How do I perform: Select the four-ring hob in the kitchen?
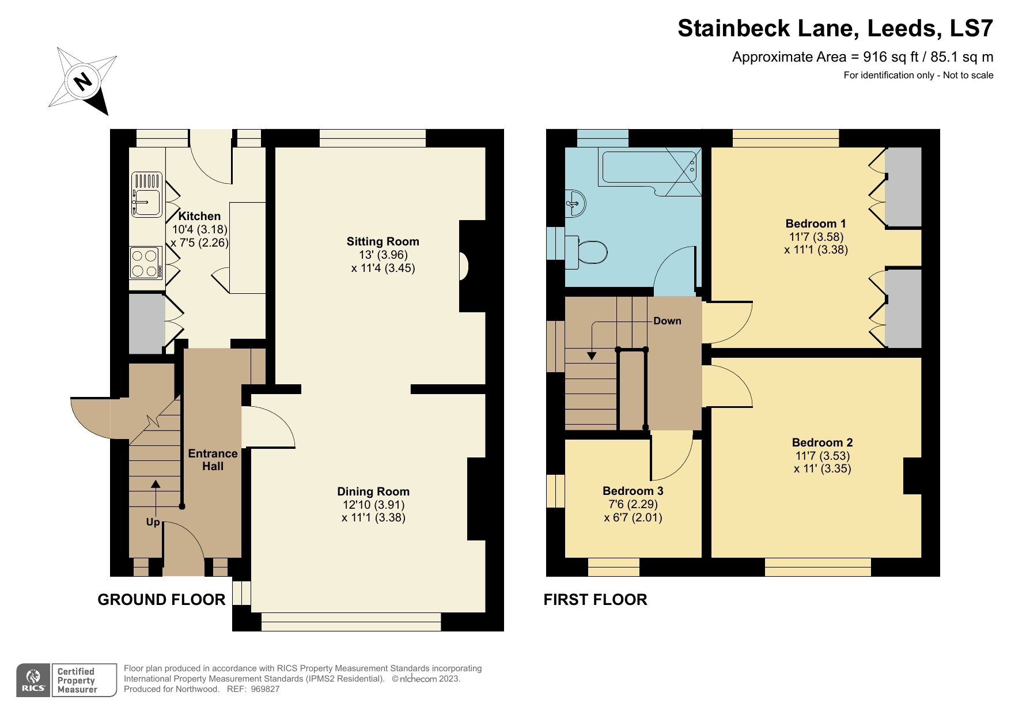[145, 262]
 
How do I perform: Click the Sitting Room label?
[383, 241]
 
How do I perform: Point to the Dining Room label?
[373, 491]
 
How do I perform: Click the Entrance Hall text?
[213, 460]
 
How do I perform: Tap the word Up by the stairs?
[153, 523]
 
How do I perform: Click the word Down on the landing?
[667, 321]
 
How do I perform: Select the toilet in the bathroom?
[587, 252]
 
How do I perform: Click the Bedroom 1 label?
[815, 224]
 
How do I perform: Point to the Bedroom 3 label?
[633, 491]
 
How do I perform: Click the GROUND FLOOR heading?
[161, 600]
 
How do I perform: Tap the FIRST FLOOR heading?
[595, 600]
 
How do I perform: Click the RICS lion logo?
[33, 680]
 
